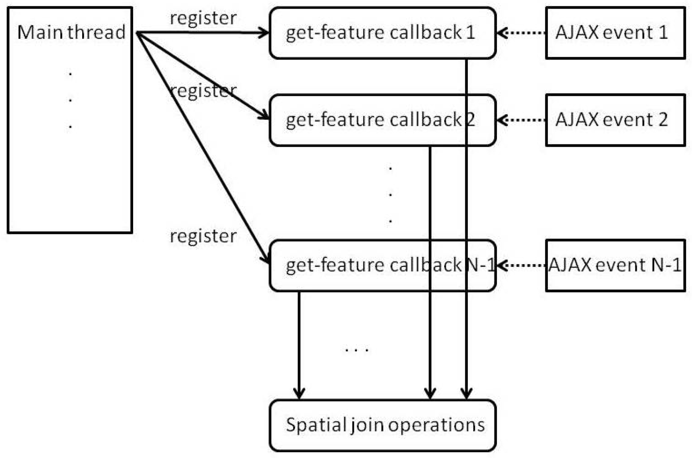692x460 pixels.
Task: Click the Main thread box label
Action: point(71,32)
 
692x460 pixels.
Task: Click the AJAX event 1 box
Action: point(615,32)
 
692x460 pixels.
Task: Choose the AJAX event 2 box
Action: point(615,120)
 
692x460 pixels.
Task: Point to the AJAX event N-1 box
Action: point(615,265)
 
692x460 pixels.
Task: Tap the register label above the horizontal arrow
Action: point(203,18)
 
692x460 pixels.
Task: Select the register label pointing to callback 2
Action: point(203,91)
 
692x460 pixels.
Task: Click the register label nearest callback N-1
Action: point(203,236)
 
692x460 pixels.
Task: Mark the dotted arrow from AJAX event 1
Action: point(521,32)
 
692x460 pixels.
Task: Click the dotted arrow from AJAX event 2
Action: point(521,120)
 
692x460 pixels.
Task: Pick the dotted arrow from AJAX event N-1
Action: point(521,265)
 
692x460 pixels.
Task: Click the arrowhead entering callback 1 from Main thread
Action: point(263,32)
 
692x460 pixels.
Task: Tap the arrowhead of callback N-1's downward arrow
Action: point(299,392)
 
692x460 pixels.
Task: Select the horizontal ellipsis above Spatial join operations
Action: point(356,350)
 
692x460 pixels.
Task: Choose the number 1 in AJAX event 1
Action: point(663,32)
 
